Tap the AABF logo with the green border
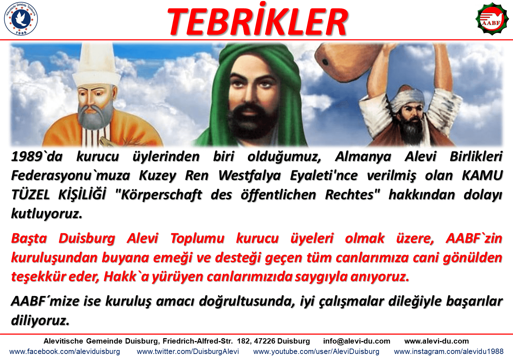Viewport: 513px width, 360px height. pyautogui.click(x=492, y=19)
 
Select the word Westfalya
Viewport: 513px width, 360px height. pyautogui.click(x=249, y=176)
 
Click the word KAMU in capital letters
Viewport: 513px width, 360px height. pyautogui.click(x=482, y=175)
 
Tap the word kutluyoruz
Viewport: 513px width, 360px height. pyautogui.click(x=47, y=214)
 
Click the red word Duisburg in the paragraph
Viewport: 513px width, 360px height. pyautogui.click(x=87, y=239)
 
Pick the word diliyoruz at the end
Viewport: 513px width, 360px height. pyautogui.click(x=40, y=321)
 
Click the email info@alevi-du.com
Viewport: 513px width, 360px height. pyautogui.click(x=357, y=341)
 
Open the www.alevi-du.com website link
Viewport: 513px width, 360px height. pyautogui.click(x=437, y=341)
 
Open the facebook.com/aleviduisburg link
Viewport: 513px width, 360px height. pyautogui.click(x=65, y=351)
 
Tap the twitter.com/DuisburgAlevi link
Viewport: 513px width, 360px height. pyautogui.click(x=188, y=351)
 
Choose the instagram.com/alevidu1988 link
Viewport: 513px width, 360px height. pyautogui.click(x=449, y=351)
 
